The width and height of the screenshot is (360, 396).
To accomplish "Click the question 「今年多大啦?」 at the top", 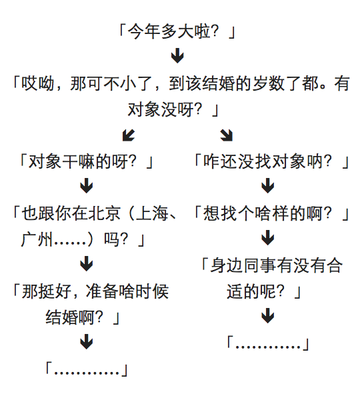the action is pyautogui.click(x=177, y=31).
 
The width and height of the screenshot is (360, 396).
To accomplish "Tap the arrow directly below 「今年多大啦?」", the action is pyautogui.click(x=177, y=55).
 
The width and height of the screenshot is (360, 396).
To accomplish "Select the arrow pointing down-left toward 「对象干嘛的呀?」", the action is pyautogui.click(x=129, y=135).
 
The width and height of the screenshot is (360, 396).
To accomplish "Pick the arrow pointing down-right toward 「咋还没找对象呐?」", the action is pyautogui.click(x=226, y=135).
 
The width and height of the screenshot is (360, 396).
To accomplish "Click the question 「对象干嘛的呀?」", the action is pyautogui.click(x=87, y=161).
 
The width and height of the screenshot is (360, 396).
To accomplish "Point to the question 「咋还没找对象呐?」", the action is pyautogui.click(x=271, y=161).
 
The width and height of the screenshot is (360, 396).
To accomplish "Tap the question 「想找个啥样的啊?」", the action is pyautogui.click(x=271, y=213).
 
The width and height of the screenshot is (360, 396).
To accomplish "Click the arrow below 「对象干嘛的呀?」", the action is pyautogui.click(x=87, y=185).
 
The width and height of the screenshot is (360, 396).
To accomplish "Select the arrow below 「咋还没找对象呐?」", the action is pyautogui.click(x=268, y=185).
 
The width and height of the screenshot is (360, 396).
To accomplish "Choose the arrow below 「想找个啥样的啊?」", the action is pyautogui.click(x=268, y=237).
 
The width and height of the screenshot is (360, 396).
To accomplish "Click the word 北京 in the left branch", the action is pyautogui.click(x=105, y=213).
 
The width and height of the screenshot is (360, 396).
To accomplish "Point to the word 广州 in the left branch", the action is pyautogui.click(x=37, y=239).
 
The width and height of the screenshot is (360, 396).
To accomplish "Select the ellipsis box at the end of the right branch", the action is pyautogui.click(x=268, y=343).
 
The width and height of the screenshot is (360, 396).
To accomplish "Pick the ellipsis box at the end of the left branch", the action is pyautogui.click(x=87, y=369).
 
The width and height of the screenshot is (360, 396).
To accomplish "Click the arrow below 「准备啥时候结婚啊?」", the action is pyautogui.click(x=87, y=341).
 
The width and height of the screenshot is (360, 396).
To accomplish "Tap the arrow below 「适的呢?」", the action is pyautogui.click(x=268, y=315).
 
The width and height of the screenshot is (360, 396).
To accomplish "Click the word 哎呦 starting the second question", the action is pyautogui.click(x=37, y=83).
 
